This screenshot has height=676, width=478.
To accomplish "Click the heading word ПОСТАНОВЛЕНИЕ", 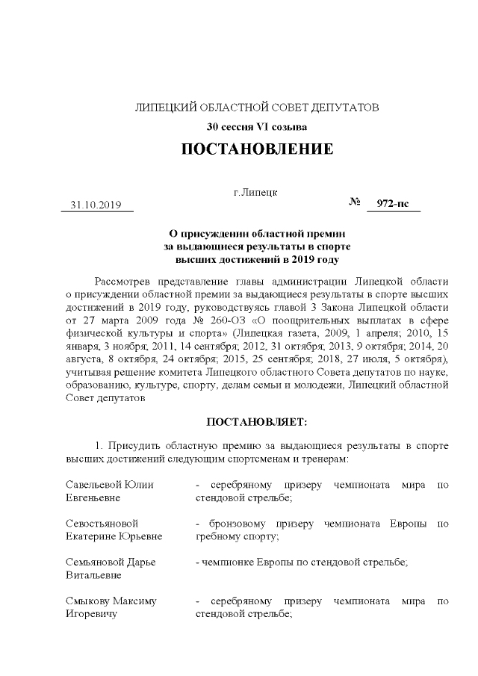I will click(x=257, y=149).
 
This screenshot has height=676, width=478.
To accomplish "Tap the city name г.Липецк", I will click(x=256, y=192).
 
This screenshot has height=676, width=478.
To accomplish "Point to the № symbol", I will click(x=356, y=202).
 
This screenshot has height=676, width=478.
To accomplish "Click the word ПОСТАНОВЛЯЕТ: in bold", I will click(x=256, y=421).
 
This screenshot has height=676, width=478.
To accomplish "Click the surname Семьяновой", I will click(x=93, y=562).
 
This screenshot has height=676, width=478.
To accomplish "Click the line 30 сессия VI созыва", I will click(x=257, y=125).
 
